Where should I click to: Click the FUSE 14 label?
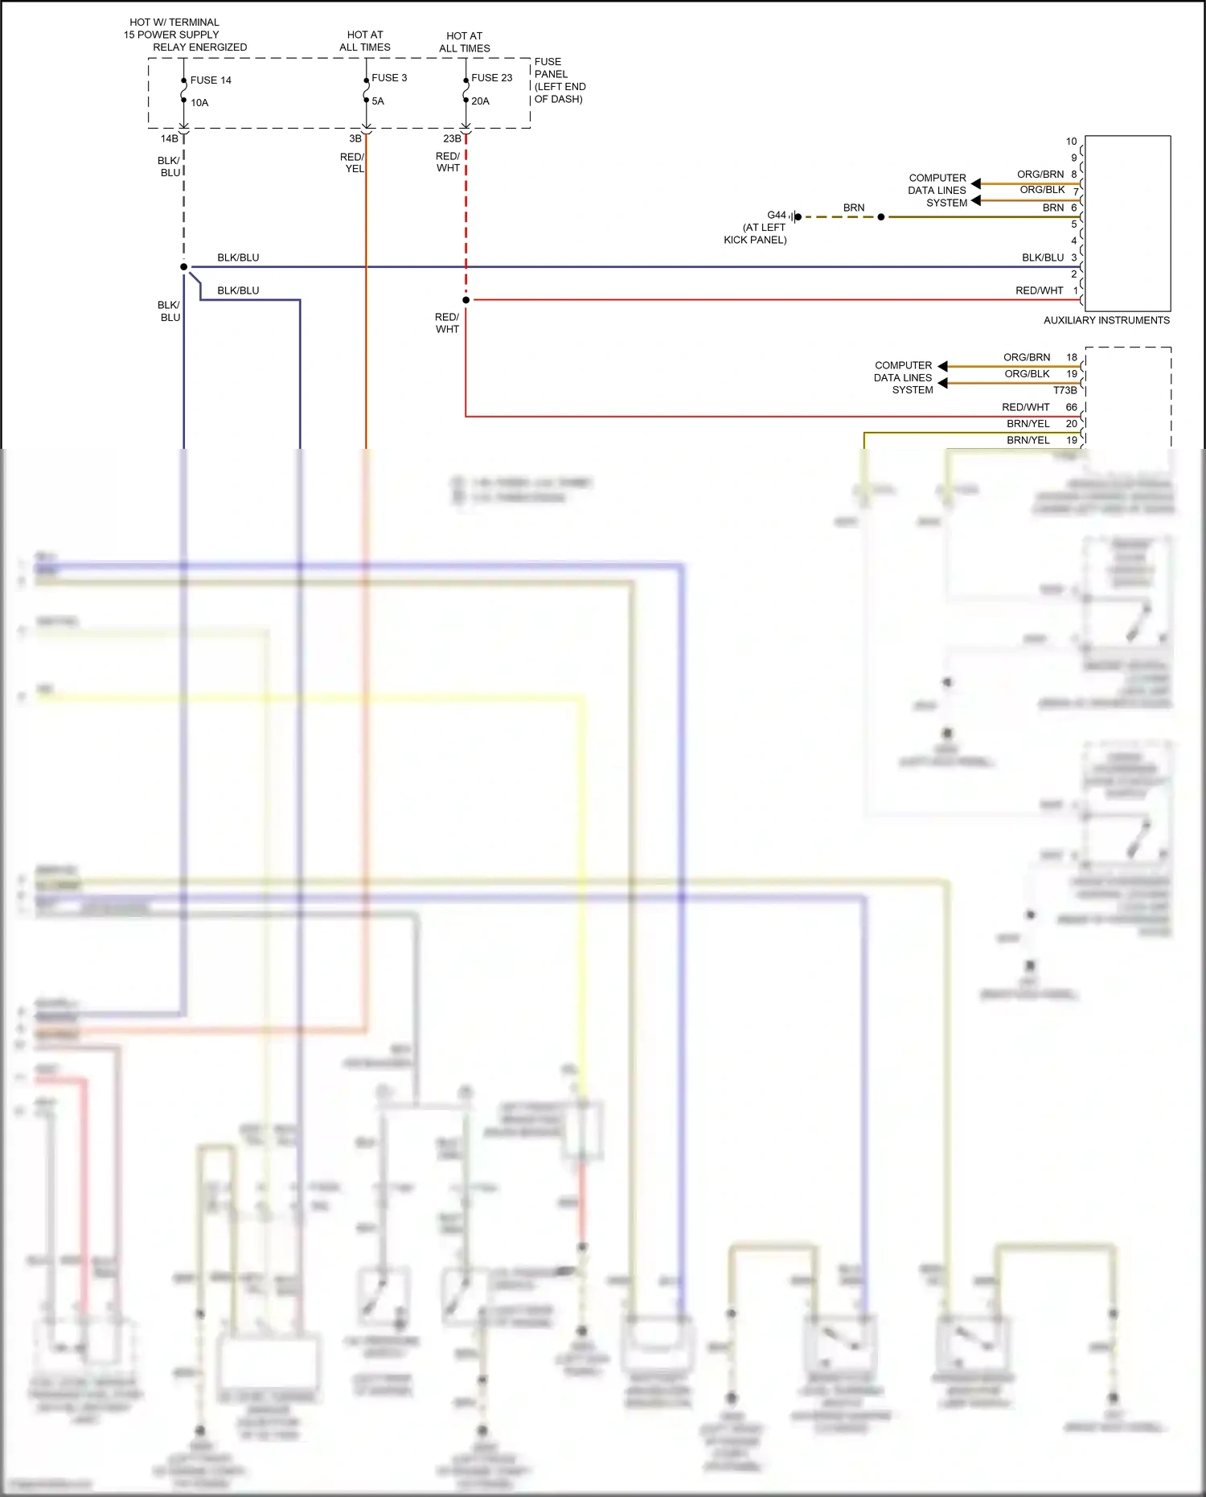click(x=211, y=80)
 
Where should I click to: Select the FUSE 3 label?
click(x=389, y=78)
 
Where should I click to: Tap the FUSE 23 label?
click(x=491, y=78)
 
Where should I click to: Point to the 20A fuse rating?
click(x=480, y=101)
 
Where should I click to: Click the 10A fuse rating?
click(x=199, y=103)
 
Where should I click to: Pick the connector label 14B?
click(x=169, y=138)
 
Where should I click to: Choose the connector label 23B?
click(x=452, y=138)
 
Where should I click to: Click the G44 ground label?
click(x=776, y=215)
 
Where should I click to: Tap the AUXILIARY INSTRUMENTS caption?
click(x=1106, y=320)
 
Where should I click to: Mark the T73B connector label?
click(x=1064, y=390)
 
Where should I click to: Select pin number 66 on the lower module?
click(x=1071, y=407)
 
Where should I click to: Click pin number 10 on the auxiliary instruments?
click(x=1071, y=142)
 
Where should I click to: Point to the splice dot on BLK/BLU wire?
click(x=184, y=267)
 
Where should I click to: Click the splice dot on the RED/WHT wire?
click(x=466, y=300)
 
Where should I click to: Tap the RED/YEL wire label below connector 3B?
click(x=353, y=162)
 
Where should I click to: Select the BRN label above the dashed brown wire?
click(x=853, y=208)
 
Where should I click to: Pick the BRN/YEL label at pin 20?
click(x=1028, y=424)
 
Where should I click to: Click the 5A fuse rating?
click(x=377, y=101)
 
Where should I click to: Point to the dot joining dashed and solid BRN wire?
click(x=881, y=217)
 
